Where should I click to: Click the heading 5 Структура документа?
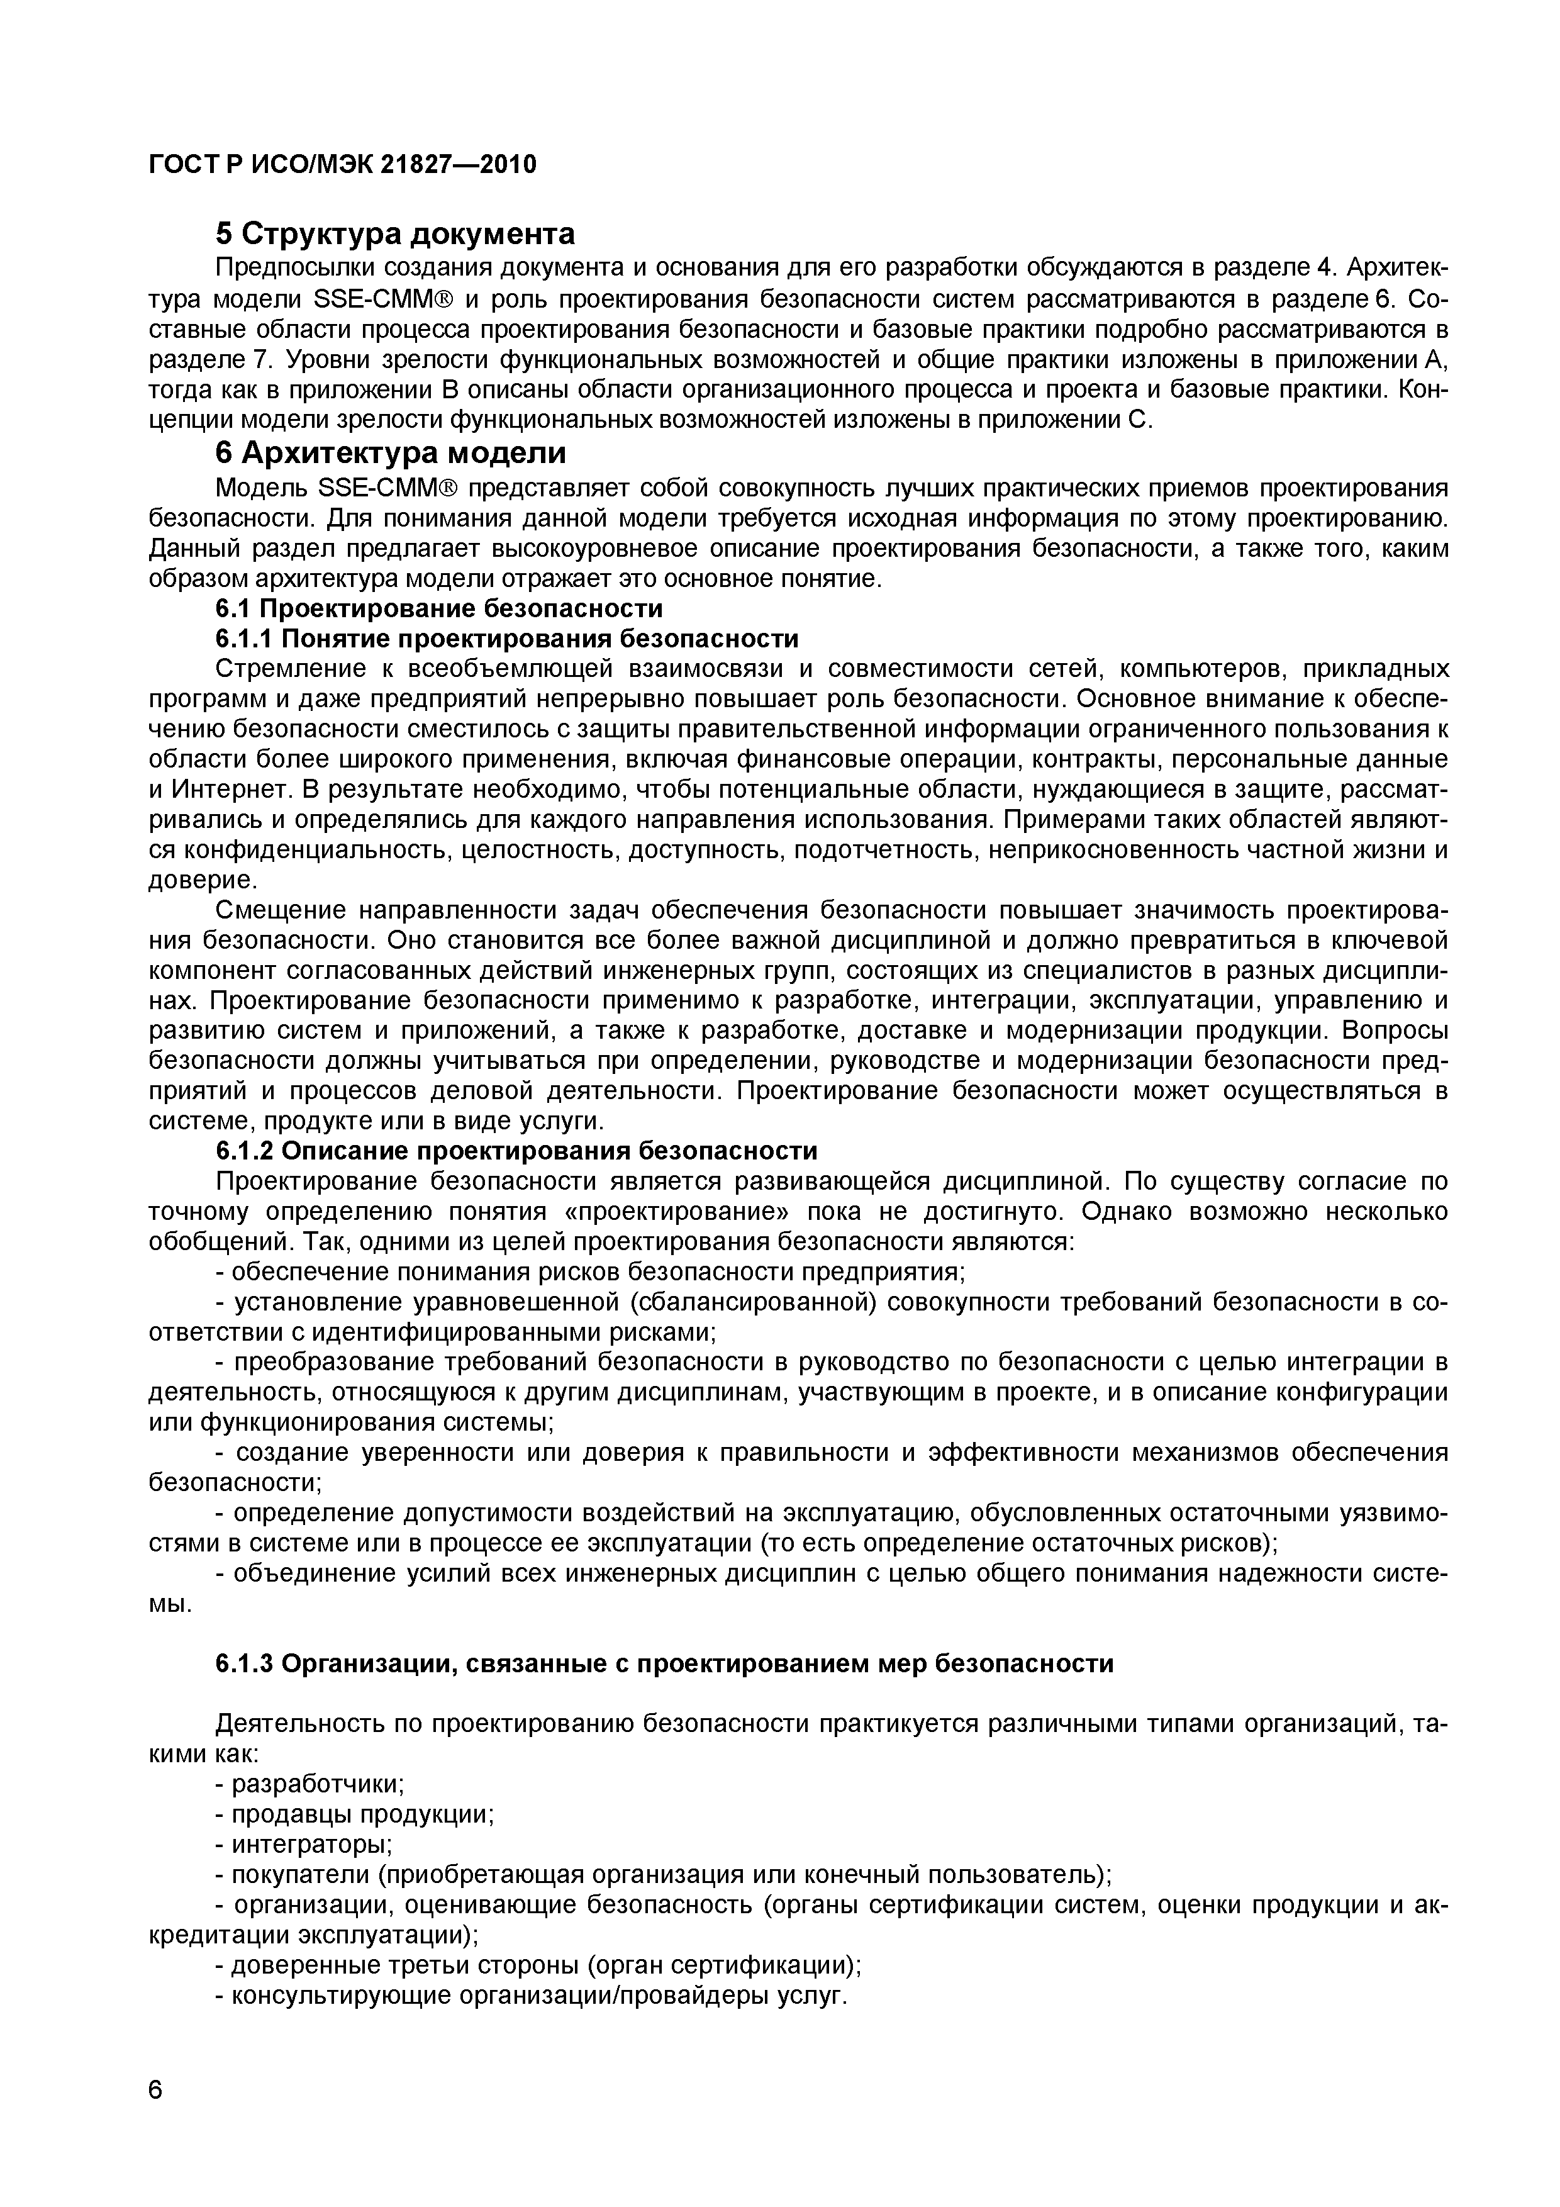click(395, 233)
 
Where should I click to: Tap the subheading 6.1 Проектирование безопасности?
click(438, 608)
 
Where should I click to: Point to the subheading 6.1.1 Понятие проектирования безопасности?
click(506, 639)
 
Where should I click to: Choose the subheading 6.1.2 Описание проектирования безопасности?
click(516, 1151)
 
